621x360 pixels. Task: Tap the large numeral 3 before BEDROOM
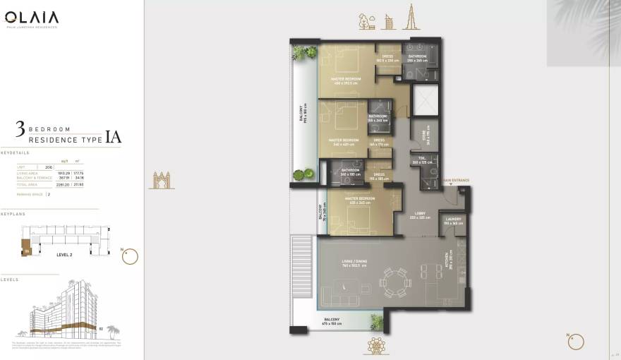tap(20, 129)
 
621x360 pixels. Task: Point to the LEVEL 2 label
tap(64, 254)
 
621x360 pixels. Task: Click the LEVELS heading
tap(10, 280)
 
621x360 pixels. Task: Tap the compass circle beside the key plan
tap(130, 256)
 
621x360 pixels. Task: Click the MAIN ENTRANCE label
tap(456, 181)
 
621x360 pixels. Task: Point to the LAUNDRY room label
tap(453, 220)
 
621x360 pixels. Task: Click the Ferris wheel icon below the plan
tap(375, 344)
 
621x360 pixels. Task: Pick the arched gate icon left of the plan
tap(161, 181)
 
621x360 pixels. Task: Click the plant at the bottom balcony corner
tap(378, 322)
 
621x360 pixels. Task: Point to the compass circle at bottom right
tap(576, 342)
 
